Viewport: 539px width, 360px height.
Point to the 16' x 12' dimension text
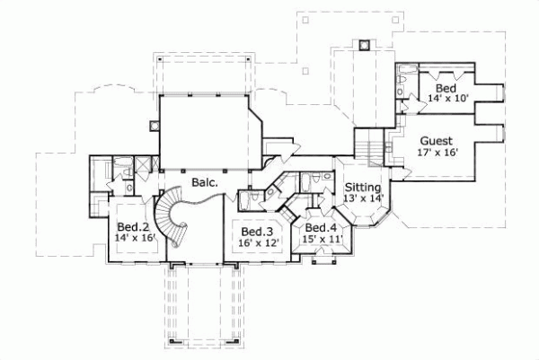[260, 242]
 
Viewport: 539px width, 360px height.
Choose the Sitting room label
[363, 188]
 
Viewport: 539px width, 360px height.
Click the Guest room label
[435, 141]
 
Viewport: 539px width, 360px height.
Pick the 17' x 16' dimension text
[437, 153]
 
